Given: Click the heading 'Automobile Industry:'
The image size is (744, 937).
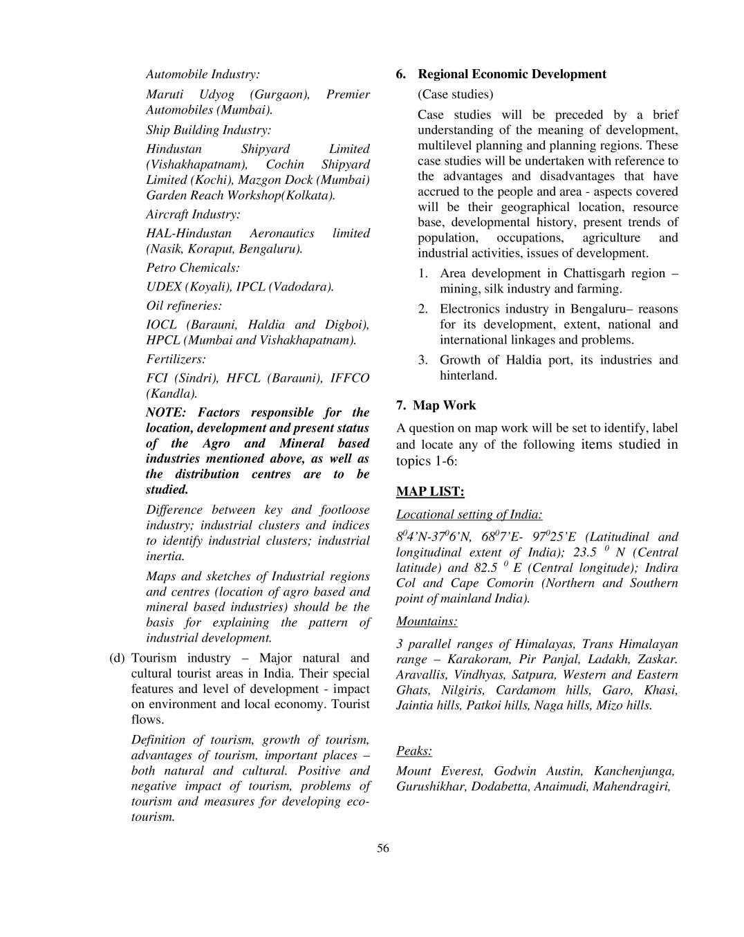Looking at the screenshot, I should pyautogui.click(x=203, y=74).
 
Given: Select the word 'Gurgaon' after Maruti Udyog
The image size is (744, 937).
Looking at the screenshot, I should pyautogui.click(x=279, y=94).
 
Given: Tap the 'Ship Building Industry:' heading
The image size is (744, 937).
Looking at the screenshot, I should pyautogui.click(x=208, y=130).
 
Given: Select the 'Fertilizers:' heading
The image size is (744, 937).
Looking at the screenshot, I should pyautogui.click(x=176, y=359).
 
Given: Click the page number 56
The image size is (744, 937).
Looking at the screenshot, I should pyautogui.click(x=383, y=848).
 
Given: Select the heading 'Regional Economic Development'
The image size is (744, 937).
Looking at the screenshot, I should pyautogui.click(x=512, y=74).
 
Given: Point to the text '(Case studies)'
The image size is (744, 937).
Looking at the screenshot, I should pyautogui.click(x=455, y=94).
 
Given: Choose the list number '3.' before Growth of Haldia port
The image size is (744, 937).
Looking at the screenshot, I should pyautogui.click(x=423, y=360).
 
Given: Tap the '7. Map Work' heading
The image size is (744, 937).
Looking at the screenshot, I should pyautogui.click(x=436, y=405).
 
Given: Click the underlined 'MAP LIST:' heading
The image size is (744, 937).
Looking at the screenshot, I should pyautogui.click(x=430, y=492).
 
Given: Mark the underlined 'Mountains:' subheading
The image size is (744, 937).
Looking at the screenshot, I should pyautogui.click(x=426, y=621).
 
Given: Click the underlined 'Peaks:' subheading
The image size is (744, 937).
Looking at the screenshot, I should pyautogui.click(x=414, y=750).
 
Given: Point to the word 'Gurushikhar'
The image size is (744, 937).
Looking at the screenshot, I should pyautogui.click(x=430, y=786).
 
